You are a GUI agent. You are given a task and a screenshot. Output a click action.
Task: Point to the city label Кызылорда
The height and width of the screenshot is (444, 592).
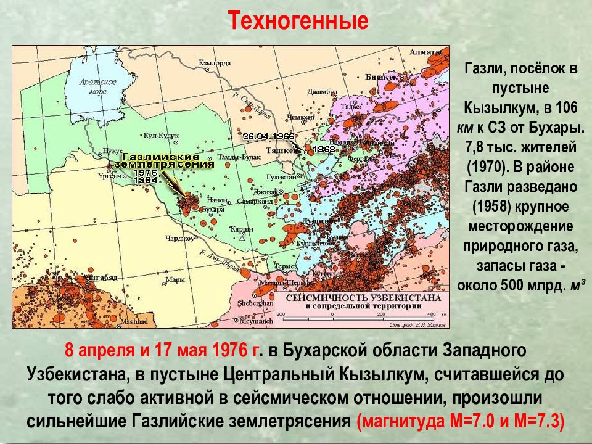[215, 62]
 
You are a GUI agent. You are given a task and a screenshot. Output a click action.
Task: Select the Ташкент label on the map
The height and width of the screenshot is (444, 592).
[279, 149]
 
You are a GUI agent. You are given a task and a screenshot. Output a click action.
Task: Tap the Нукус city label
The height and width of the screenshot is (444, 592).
[113, 150]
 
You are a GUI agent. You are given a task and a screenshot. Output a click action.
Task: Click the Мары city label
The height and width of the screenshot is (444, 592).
[176, 279]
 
